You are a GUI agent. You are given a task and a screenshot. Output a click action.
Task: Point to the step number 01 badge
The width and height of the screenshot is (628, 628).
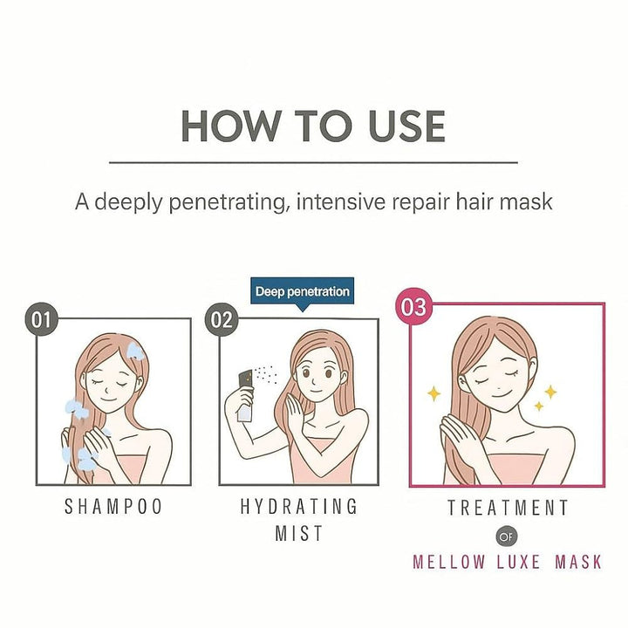(x=41, y=319)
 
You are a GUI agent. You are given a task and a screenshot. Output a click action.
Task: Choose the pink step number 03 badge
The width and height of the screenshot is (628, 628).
(x=413, y=307)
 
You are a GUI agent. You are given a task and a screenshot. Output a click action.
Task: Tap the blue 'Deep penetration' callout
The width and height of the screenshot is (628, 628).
(x=302, y=291)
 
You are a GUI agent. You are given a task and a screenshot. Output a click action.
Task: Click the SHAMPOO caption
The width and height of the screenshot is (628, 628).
(x=113, y=507)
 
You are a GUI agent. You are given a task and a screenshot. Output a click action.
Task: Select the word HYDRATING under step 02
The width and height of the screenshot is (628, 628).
(x=299, y=507)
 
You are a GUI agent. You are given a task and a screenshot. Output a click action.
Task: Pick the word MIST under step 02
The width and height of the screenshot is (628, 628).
(x=299, y=534)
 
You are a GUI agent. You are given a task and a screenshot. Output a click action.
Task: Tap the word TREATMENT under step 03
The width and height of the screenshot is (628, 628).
(x=508, y=508)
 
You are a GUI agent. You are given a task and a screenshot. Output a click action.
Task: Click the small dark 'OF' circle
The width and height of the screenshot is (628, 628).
(x=507, y=536)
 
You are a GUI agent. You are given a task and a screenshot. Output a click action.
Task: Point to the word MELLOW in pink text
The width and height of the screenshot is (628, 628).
(x=449, y=561)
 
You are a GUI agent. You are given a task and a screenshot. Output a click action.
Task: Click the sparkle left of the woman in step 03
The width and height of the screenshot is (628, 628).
(x=433, y=393)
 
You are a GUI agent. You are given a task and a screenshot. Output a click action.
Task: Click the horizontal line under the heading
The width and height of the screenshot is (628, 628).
(x=313, y=162)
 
